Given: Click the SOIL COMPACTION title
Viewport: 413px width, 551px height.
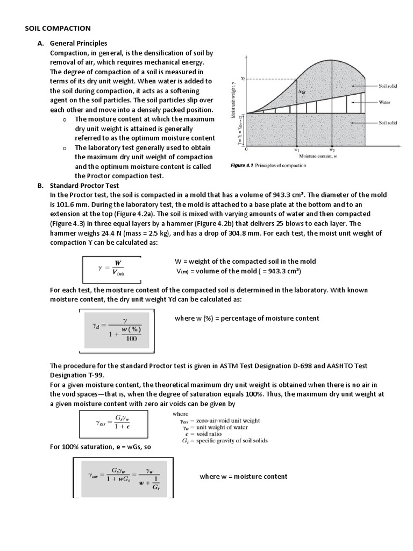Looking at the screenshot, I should (x=59, y=28).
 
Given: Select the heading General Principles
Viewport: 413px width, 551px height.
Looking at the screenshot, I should (x=79, y=43).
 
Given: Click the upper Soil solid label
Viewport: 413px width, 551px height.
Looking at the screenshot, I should (x=388, y=86).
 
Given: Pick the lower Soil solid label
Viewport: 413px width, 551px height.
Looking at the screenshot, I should (x=388, y=123).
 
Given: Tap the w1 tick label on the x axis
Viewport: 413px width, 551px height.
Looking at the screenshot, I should (x=296, y=150).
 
